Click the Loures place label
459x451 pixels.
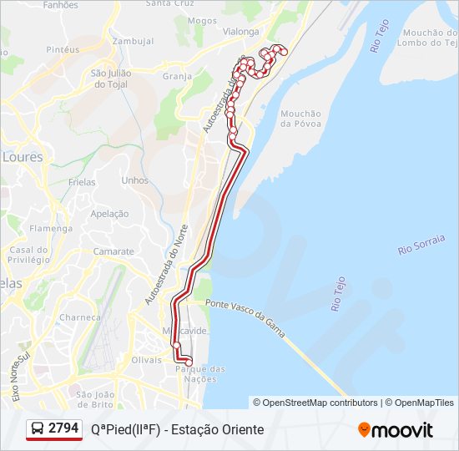(23, 156)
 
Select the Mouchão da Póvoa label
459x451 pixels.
(300, 119)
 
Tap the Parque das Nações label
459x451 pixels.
(198, 373)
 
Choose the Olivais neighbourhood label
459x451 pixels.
(146, 359)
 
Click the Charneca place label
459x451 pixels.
(80, 317)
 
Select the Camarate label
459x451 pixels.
(113, 251)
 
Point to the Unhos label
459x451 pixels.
(134, 180)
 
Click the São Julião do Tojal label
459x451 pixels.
(113, 79)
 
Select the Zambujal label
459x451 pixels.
(133, 41)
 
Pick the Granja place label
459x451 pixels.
(178, 76)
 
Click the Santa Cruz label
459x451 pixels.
(170, 3)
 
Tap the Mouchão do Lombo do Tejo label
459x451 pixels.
(428, 38)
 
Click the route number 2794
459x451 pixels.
(63, 428)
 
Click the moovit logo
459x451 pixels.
(396, 429)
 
